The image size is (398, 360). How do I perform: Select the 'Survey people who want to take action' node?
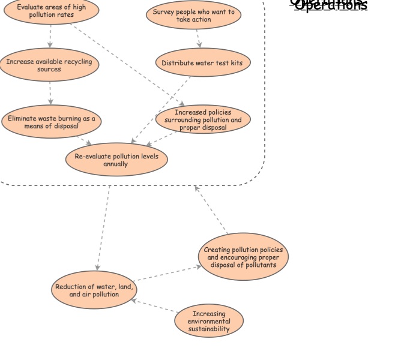pyautogui.click(x=193, y=15)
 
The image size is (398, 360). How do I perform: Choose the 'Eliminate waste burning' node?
pyautogui.click(x=51, y=122)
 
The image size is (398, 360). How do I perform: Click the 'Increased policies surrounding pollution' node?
pyautogui.click(x=202, y=119)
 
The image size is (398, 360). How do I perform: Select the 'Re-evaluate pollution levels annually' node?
pyautogui.click(x=116, y=160)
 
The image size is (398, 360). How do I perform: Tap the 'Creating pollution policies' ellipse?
pyautogui.click(x=243, y=257)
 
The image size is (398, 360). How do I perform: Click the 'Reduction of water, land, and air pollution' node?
pyautogui.click(x=94, y=290)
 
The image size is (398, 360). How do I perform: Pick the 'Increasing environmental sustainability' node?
pyautogui.click(x=209, y=321)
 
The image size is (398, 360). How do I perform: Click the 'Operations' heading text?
pyautogui.click(x=330, y=5)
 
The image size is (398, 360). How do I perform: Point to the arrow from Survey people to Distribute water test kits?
pyautogui.click(x=197, y=38)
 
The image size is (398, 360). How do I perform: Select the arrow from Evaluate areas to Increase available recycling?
pyautogui.click(x=50, y=37)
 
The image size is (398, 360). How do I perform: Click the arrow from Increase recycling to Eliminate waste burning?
pyautogui.click(x=50, y=93)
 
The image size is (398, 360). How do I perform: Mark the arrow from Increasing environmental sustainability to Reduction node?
pyautogui.click(x=155, y=305)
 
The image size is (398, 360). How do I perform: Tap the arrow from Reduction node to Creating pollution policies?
pyautogui.click(x=168, y=274)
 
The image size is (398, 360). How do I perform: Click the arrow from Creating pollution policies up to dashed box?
pyautogui.click(x=211, y=210)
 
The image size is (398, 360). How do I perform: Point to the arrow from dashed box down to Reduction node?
pyautogui.click(x=103, y=228)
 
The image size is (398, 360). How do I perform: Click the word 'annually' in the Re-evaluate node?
pyautogui.click(x=115, y=164)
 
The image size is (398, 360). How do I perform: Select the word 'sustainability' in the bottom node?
pyautogui.click(x=209, y=329)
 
